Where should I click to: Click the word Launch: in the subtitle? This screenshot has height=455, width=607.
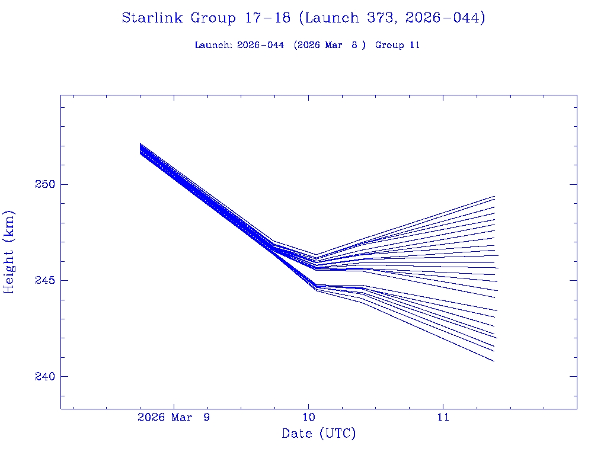point(213,45)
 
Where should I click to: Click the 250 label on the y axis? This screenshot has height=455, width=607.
point(44,184)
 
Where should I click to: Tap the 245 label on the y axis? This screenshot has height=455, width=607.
point(44,280)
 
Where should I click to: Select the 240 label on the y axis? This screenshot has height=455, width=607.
point(44,376)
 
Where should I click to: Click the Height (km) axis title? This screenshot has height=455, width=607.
point(9,252)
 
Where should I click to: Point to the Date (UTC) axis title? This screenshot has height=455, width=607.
point(319,434)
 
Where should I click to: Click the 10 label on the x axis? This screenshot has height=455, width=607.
point(308,417)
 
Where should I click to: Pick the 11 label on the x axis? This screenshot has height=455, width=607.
point(443,417)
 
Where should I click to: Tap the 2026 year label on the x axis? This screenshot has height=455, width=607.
point(151,417)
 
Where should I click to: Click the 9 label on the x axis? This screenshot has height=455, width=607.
point(206,417)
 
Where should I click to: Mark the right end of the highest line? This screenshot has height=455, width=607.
point(494,196)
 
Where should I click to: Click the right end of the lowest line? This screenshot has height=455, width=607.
point(494,361)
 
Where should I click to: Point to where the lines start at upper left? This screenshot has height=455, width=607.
point(140,148)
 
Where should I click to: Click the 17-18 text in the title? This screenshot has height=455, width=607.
point(267,18)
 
